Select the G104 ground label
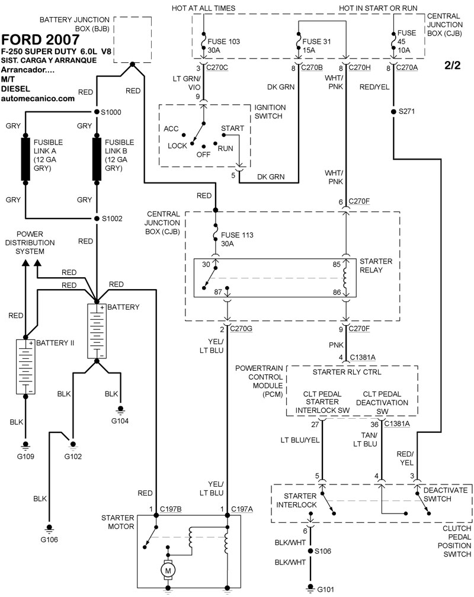click(120, 421)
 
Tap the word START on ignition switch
click(232, 128)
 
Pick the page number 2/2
click(452, 65)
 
